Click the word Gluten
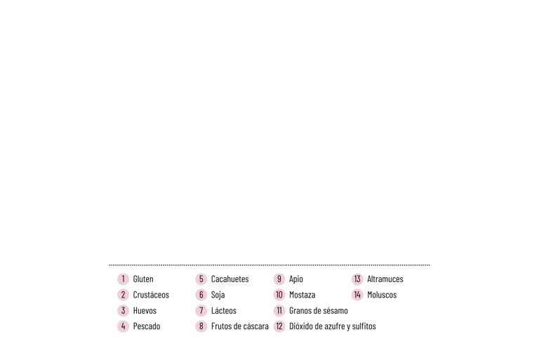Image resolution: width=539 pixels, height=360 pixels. tap(143, 279)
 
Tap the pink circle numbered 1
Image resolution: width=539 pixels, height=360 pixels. tap(123, 279)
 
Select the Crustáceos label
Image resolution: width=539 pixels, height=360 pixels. tap(151, 295)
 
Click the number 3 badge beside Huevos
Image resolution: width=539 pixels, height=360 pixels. tap(123, 311)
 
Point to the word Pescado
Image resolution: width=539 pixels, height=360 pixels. tap(147, 326)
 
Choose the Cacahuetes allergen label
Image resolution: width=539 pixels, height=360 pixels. tap(229, 279)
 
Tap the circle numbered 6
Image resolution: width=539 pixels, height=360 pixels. tap(201, 295)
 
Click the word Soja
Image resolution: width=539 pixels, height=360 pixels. tap(218, 295)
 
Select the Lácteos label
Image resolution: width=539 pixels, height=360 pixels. tap(224, 311)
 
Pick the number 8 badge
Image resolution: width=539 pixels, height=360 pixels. tap(201, 326)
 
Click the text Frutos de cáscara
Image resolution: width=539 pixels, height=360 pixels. tap(240, 326)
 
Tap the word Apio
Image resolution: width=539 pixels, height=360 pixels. tap(296, 279)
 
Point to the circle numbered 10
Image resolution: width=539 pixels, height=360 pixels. tap(279, 295)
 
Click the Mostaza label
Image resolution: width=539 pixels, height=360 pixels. tap(302, 295)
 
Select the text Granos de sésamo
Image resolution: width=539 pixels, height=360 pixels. tap(318, 311)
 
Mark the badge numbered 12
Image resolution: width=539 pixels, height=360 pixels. tap(279, 326)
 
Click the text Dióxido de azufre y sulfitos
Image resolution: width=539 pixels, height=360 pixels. tap(332, 326)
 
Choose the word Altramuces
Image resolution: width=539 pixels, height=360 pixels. tap(385, 279)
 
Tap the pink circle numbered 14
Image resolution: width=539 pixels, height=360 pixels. tap(357, 295)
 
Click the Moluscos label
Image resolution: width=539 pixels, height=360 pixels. tap(382, 295)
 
